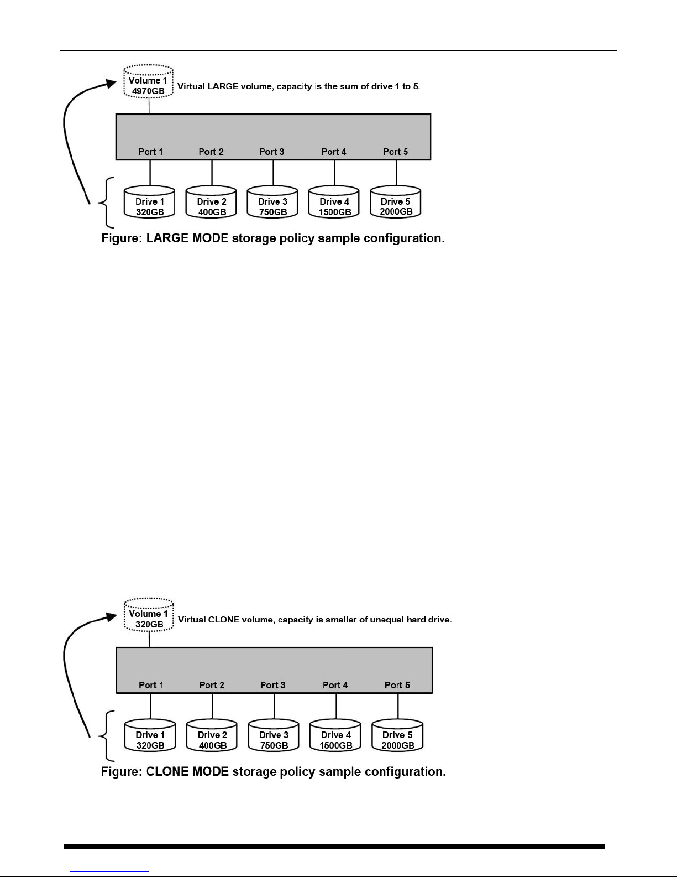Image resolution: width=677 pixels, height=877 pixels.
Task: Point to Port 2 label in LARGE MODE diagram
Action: (211, 152)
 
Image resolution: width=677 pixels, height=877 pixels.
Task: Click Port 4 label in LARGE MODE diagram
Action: (334, 152)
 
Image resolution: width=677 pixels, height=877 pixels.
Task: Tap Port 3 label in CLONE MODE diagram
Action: (273, 685)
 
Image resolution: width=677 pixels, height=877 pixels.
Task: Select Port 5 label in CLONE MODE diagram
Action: (397, 685)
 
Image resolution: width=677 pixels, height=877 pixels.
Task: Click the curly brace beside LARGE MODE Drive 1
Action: (107, 203)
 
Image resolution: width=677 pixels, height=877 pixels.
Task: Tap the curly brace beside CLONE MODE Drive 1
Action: (107, 736)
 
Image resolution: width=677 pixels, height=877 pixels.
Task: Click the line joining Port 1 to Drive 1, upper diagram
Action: (150, 173)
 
